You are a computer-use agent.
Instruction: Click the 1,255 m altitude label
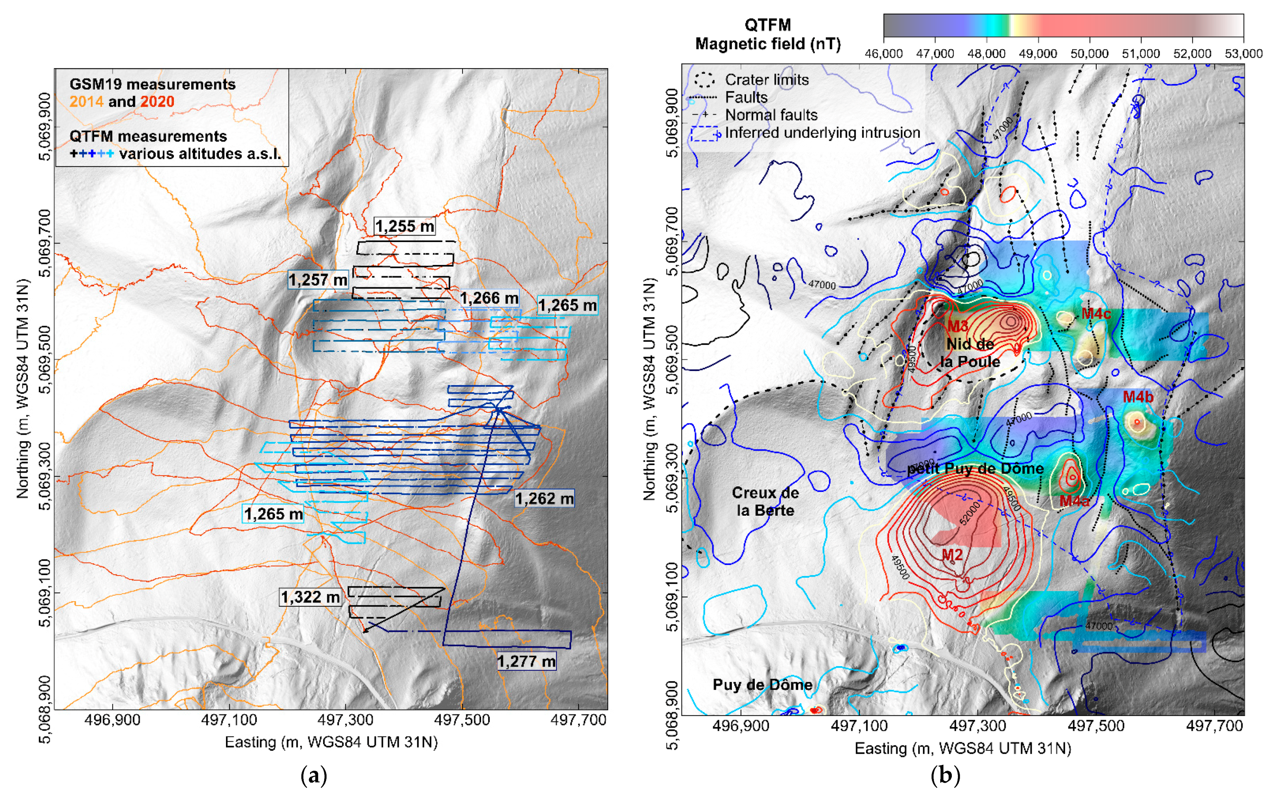click(405, 226)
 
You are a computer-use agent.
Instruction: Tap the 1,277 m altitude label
click(526, 661)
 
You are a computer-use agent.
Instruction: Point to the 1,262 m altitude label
click(544, 498)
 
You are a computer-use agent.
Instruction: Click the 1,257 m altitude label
click(318, 280)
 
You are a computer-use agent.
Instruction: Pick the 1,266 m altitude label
click(489, 298)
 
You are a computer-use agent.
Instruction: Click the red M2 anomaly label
click(953, 555)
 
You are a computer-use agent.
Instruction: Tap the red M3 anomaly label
click(958, 326)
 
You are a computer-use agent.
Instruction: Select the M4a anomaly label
click(1074, 501)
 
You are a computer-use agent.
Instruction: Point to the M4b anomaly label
click(1138, 397)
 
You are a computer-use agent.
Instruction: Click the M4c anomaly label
click(1096, 313)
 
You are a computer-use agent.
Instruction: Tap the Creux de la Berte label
click(765, 502)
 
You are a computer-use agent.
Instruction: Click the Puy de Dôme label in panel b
click(762, 685)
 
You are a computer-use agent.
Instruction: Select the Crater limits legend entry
click(766, 80)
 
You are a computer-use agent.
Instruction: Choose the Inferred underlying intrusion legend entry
click(822, 133)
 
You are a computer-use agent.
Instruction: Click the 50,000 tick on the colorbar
click(1089, 53)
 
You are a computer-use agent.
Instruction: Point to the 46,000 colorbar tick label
click(883, 53)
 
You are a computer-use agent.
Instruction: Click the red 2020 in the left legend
click(157, 101)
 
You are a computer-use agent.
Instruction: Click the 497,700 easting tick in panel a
click(578, 720)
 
